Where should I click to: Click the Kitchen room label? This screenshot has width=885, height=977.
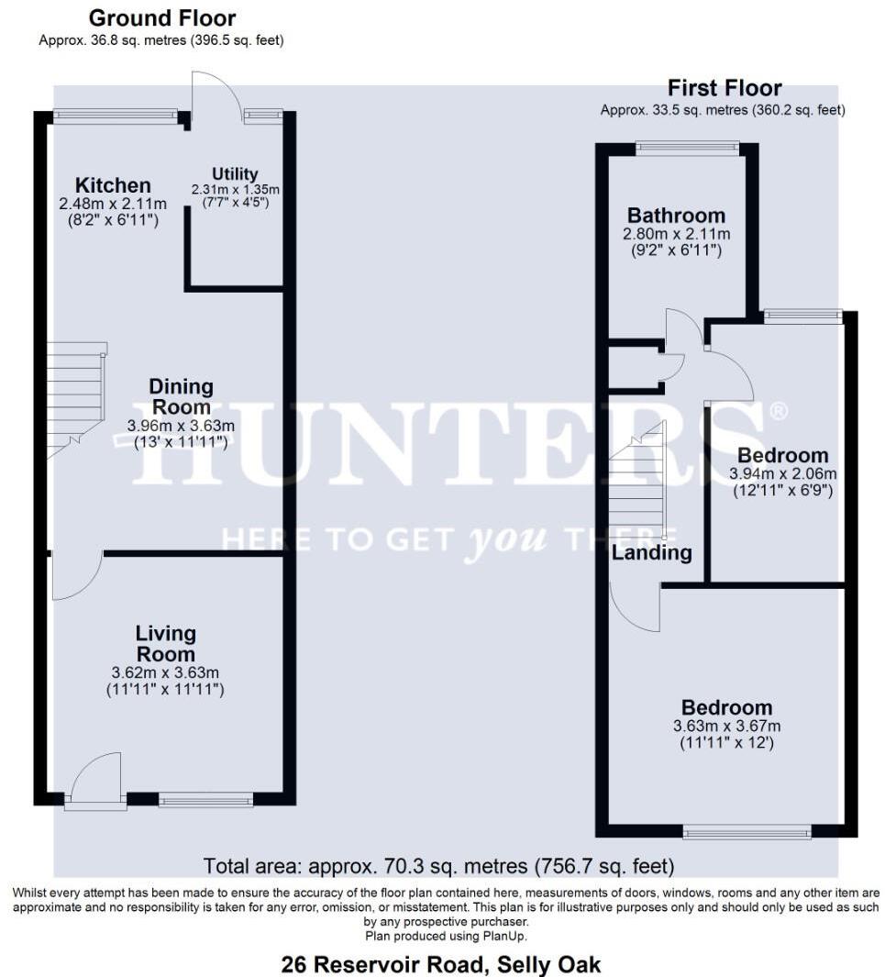tap(113, 185)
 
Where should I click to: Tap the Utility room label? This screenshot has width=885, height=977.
tap(235, 173)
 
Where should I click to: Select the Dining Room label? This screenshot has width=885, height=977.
tap(181, 396)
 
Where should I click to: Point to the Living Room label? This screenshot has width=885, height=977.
tap(166, 643)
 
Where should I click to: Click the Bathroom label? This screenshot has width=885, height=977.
tap(676, 216)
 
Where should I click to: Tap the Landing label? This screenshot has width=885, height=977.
tap(652, 553)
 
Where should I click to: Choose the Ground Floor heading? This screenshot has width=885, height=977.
tap(162, 17)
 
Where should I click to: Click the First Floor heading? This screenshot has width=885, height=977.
tap(725, 88)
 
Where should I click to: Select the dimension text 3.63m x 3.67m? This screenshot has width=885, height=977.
tap(725, 726)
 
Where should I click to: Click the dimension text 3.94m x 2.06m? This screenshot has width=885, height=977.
tap(782, 473)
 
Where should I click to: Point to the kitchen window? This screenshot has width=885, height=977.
tap(115, 116)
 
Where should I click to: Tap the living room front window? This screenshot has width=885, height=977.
tap(205, 800)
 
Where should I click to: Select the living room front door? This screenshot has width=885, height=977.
tap(95, 784)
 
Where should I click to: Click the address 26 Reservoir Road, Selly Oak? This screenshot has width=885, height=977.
tap(441, 964)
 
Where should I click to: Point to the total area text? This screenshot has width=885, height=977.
tap(438, 865)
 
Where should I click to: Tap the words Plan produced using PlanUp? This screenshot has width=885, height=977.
tap(446, 936)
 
